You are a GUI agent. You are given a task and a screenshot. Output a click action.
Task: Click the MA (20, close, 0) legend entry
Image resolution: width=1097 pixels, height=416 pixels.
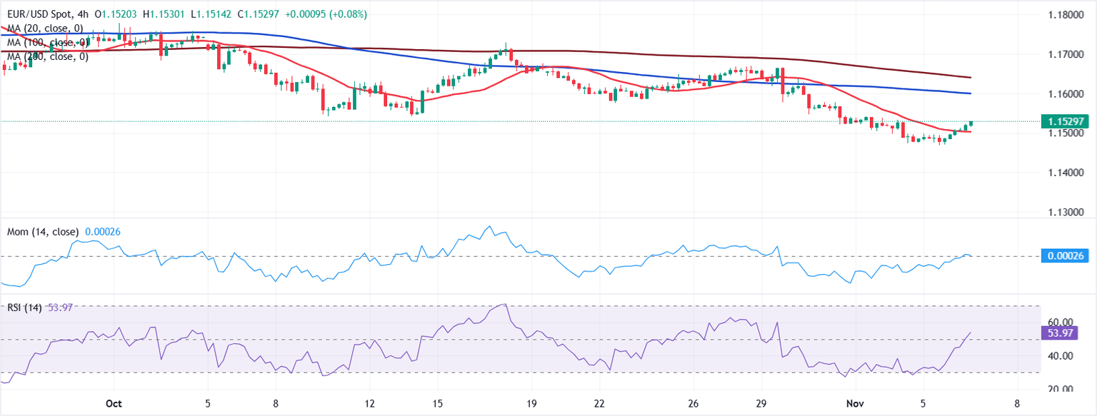[x=44, y=28]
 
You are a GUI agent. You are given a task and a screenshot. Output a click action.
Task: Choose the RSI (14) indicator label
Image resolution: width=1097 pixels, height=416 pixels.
[x=24, y=308]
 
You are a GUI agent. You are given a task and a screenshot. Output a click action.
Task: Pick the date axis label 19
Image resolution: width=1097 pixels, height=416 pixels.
[x=531, y=402]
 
